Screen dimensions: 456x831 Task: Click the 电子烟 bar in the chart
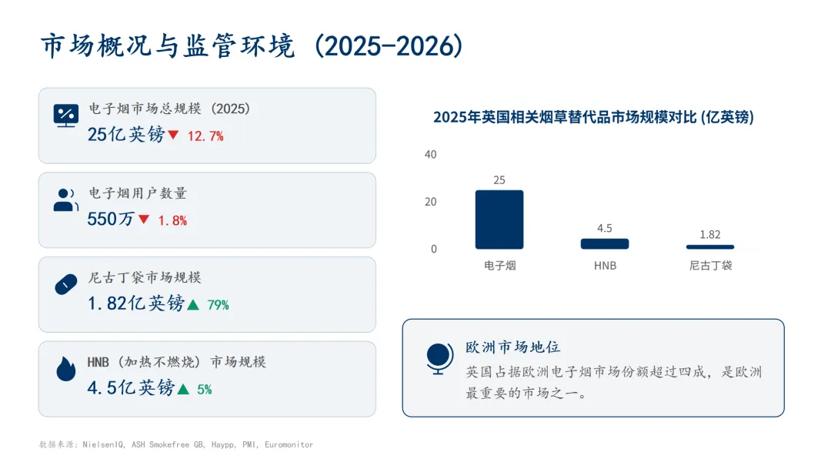[x=499, y=220]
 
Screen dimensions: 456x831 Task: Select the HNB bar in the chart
[x=604, y=243]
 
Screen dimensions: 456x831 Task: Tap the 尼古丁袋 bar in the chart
[x=709, y=246]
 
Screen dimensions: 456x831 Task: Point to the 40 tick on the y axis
[x=430, y=155]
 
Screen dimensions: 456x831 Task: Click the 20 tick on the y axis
[x=430, y=202]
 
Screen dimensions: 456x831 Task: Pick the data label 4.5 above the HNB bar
[x=604, y=228]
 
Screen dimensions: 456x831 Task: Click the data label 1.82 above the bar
[x=709, y=234]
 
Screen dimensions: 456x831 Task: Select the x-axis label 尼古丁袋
[x=709, y=266]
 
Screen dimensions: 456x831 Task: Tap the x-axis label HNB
[x=605, y=266]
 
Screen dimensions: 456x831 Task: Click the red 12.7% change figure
[x=205, y=136]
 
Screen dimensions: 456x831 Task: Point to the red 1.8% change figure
[x=172, y=221]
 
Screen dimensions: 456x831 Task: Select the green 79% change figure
[x=218, y=305]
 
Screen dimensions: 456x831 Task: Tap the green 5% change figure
[x=204, y=390]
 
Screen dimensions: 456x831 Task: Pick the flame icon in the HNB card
[x=66, y=369]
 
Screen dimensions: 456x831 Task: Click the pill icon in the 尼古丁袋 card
[x=66, y=284]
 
